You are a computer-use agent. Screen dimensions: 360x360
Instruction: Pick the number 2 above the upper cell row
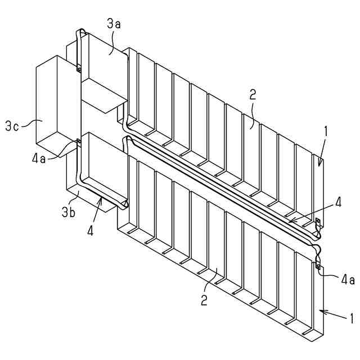[x=253, y=94]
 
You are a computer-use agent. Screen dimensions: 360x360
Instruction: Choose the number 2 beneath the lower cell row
[x=204, y=299]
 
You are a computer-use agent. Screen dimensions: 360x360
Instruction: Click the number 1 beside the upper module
[x=325, y=133]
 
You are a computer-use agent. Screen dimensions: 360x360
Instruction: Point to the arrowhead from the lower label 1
[x=321, y=310]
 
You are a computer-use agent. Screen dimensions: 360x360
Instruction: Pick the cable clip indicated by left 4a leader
[x=78, y=141]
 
